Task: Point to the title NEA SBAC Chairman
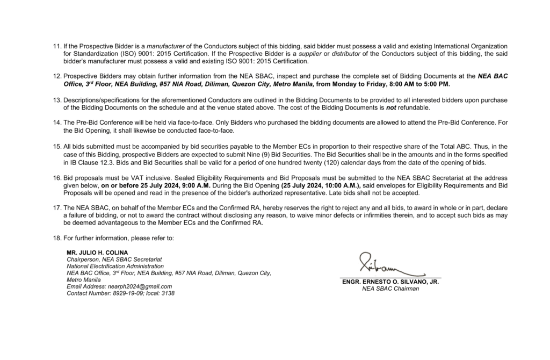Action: (x=390, y=289)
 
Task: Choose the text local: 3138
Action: (x=160, y=293)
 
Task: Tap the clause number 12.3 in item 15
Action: (x=111, y=162)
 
